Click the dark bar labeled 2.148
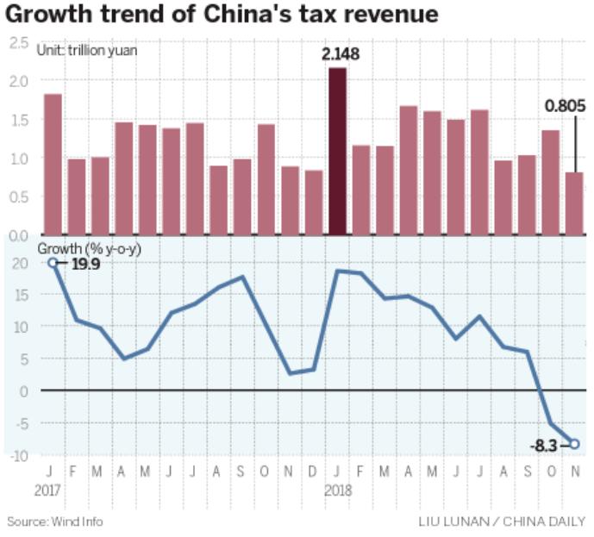tap(339, 151)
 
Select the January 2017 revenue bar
tap(53, 164)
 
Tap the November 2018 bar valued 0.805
tap(574, 203)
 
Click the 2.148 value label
tap(340, 54)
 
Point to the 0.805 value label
tap(565, 107)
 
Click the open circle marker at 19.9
tap(53, 262)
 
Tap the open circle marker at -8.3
tap(574, 444)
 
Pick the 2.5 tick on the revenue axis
tap(18, 42)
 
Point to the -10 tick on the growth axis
tap(18, 455)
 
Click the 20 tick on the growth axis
tap(18, 262)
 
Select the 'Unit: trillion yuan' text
tap(86, 50)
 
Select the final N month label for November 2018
tap(574, 472)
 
